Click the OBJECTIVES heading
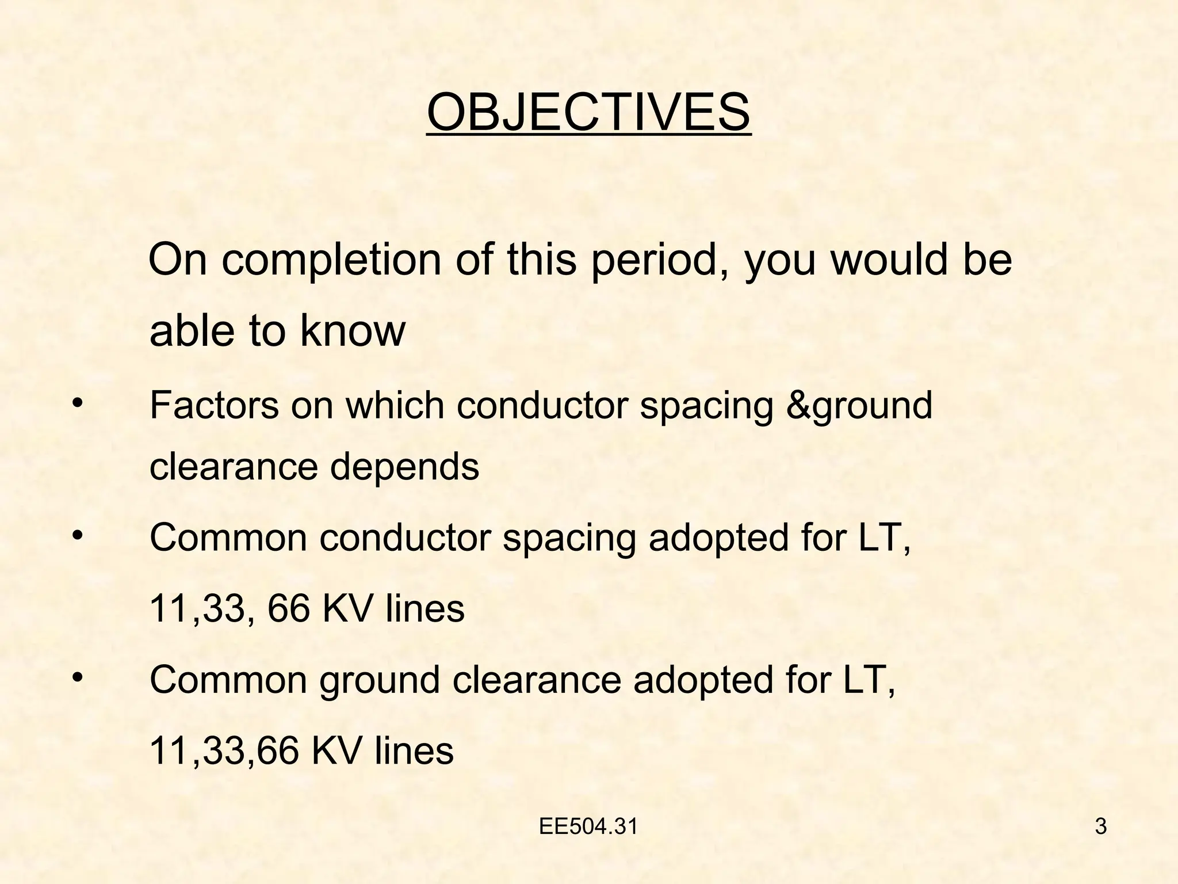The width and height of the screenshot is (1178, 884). coord(588,113)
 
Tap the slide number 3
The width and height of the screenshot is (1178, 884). coord(1101,827)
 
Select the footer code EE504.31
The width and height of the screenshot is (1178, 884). coord(588,827)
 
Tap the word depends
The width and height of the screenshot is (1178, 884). coord(404,467)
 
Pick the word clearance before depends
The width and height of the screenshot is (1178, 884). coord(233,467)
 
